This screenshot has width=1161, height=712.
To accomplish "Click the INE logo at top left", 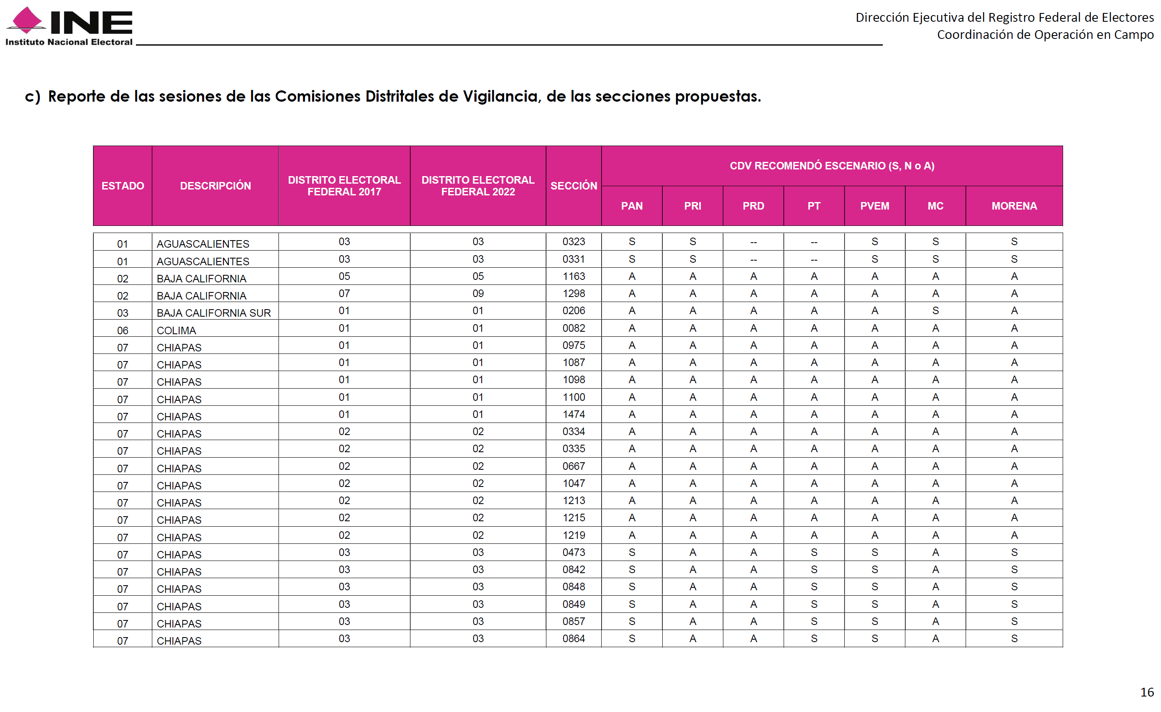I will (69, 26).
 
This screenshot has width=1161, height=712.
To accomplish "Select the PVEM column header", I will (874, 206).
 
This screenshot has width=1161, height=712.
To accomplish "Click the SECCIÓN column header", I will (574, 186).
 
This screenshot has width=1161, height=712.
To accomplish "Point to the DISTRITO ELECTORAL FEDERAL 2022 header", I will (478, 186).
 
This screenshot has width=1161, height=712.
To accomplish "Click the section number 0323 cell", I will (574, 242).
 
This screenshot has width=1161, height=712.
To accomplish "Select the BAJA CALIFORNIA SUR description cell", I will (213, 313).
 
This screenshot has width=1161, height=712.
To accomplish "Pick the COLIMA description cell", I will (176, 330).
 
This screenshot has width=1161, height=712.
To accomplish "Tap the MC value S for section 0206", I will (935, 311).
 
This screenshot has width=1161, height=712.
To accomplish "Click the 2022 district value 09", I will (478, 294).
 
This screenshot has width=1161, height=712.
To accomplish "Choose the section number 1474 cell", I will (574, 414).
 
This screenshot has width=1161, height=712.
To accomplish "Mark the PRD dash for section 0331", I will (753, 260).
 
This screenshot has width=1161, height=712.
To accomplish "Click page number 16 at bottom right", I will (1146, 692).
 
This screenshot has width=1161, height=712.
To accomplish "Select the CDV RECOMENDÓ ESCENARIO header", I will (832, 166).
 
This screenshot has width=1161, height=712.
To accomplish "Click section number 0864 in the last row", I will (574, 638).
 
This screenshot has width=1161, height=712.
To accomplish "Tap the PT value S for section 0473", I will (814, 552).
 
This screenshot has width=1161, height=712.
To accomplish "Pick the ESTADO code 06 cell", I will (123, 330).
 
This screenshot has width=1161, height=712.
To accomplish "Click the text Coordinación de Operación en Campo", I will (1045, 35).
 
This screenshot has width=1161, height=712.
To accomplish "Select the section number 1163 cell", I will (574, 276).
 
